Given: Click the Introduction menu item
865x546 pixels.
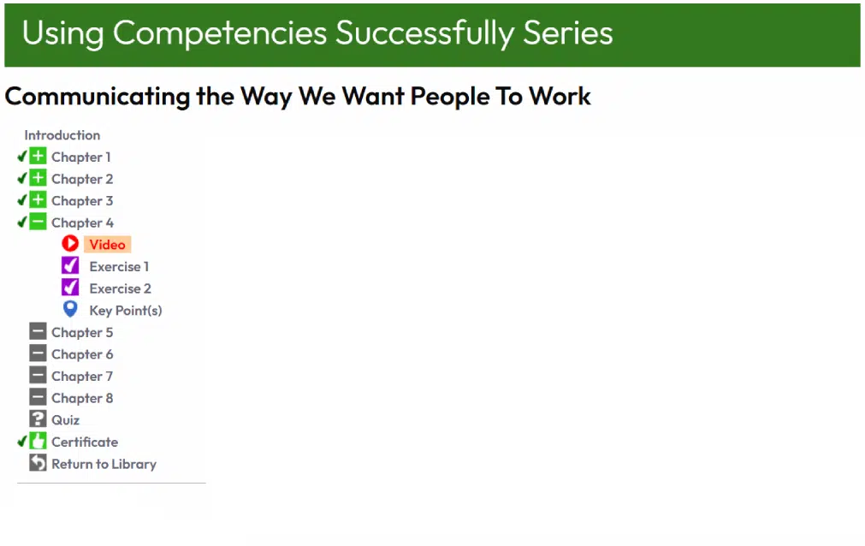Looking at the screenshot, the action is (x=62, y=135).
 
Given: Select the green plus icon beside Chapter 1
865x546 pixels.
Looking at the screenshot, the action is (x=38, y=157).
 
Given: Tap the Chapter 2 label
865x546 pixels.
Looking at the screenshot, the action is (x=82, y=179).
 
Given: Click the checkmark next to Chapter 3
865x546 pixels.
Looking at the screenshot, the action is (x=22, y=200).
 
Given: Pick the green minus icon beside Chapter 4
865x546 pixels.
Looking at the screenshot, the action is (x=38, y=222).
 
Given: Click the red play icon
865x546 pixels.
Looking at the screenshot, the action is (x=70, y=243).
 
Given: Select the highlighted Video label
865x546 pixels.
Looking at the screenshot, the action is (x=108, y=245).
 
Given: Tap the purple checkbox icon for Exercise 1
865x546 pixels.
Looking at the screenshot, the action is (x=70, y=265).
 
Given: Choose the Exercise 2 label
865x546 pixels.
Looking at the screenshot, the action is (x=121, y=288).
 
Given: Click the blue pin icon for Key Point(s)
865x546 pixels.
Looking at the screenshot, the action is (x=70, y=309).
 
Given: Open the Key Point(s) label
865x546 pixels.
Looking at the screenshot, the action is (x=126, y=311).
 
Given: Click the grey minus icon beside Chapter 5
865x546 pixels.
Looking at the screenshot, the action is (x=38, y=331).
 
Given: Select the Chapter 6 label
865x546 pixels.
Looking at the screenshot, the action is (x=82, y=354).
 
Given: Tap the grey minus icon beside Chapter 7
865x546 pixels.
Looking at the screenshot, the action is (x=38, y=376).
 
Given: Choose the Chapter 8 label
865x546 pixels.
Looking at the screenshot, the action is (x=82, y=398).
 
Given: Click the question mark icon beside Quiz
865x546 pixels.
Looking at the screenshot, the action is (x=38, y=419).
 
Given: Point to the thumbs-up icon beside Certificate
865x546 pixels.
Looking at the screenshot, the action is (x=38, y=441).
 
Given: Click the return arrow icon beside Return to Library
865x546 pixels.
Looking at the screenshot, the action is (x=38, y=463).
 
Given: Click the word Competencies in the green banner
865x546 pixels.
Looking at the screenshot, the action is (x=220, y=33).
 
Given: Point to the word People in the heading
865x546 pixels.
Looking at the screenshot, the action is (x=449, y=98).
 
